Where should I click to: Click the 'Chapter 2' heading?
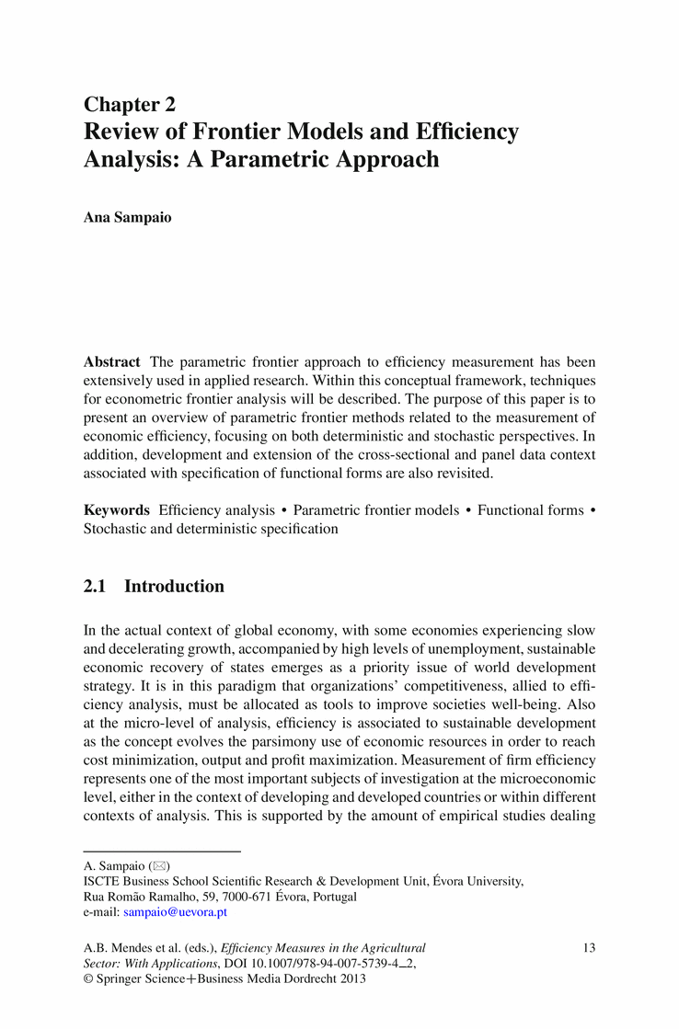coord(130,104)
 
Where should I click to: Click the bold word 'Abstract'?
coord(112,361)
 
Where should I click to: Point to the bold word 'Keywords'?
coord(117,510)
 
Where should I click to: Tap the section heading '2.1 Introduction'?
coord(154,587)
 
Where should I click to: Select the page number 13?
coord(591,947)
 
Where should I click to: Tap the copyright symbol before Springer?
coord(88,979)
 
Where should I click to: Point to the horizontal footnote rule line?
coord(162,852)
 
